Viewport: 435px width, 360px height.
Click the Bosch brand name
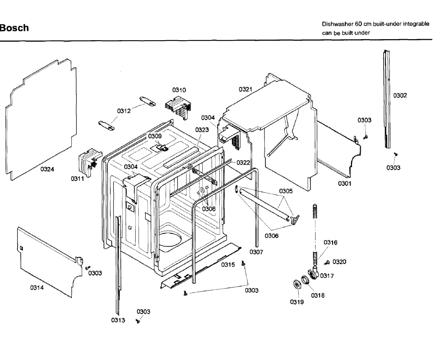tap(14, 28)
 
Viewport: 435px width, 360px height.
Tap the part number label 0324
tap(47, 169)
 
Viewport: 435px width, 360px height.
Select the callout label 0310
tap(179, 90)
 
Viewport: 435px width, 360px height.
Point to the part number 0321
tap(245, 89)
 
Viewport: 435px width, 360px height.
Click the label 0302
tap(400, 95)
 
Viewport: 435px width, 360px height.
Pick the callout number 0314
tap(37, 288)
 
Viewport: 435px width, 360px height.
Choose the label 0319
tap(297, 302)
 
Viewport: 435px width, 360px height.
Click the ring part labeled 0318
tap(306, 280)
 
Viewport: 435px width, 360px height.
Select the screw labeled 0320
tap(327, 263)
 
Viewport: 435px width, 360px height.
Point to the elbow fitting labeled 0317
tap(313, 272)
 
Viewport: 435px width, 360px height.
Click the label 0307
tap(256, 252)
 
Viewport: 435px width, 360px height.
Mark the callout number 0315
tap(228, 265)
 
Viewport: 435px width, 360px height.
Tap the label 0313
tap(118, 320)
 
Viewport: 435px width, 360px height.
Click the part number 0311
tap(77, 179)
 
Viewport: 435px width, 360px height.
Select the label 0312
tap(124, 111)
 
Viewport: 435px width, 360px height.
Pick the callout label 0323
tap(202, 130)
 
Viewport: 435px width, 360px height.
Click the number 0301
tap(345, 183)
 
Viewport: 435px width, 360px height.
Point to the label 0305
tap(286, 191)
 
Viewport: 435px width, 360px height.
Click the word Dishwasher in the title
tap(337, 24)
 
